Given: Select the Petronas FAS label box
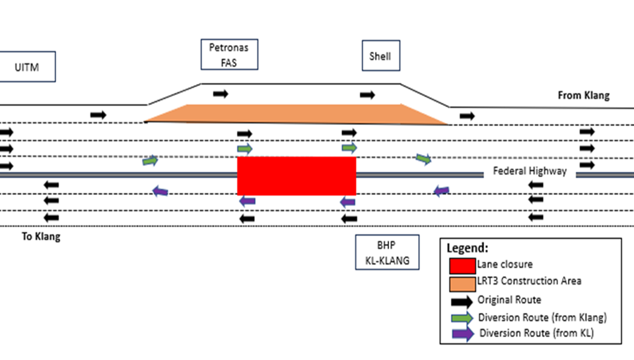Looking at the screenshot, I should pyautogui.click(x=229, y=55).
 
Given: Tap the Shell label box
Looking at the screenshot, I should pyautogui.click(x=380, y=56).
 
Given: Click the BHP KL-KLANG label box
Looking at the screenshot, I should pyautogui.click(x=386, y=250).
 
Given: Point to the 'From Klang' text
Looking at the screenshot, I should pyautogui.click(x=584, y=96).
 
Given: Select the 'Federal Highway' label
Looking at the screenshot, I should pyautogui.click(x=530, y=172).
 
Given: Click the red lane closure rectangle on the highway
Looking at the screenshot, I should pyautogui.click(x=297, y=176).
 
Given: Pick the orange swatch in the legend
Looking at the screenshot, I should pyautogui.click(x=462, y=283).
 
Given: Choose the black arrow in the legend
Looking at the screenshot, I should pyautogui.click(x=462, y=301).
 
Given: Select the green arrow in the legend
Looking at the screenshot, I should pyautogui.click(x=462, y=318).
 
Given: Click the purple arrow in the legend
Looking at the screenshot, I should pyautogui.click(x=462, y=334).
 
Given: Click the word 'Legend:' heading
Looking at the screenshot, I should pyautogui.click(x=468, y=248).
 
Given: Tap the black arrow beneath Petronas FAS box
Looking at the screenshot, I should pyautogui.click(x=221, y=94).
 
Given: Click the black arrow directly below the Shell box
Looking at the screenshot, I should pyautogui.click(x=367, y=95).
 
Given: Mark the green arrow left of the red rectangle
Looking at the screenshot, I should pyautogui.click(x=151, y=161).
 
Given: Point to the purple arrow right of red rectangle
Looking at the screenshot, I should pyautogui.click(x=441, y=191).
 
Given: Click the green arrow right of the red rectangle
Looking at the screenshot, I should pyautogui.click(x=423, y=159).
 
